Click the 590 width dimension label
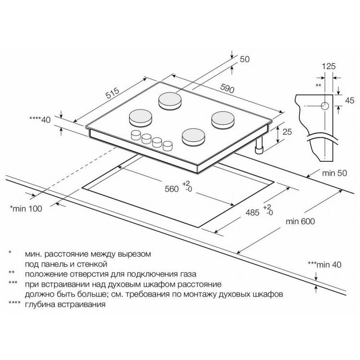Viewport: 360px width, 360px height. coord(228,88)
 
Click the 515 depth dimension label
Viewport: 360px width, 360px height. coord(112,93)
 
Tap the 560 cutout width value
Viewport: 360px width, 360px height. coord(172,189)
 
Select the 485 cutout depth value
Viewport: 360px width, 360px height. coord(252,213)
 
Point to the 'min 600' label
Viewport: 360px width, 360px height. coord(300,221)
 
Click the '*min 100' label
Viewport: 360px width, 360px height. coord(26,208)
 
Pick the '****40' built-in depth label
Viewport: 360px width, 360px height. coord(40,120)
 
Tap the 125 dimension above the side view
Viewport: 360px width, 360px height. coord(328,66)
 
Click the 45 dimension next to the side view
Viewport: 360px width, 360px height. coord(349,100)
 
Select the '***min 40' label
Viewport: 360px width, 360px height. coord(324,264)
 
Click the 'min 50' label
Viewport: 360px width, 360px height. coord(335,173)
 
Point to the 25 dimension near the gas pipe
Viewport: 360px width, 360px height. coord(287,132)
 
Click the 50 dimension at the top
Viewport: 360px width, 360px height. coord(244,59)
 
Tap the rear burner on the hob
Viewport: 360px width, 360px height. coord(170,101)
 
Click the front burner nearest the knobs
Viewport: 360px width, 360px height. coord(193,137)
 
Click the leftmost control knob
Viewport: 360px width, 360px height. coord(135,135)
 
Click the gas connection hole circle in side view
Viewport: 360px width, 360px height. coord(325,106)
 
